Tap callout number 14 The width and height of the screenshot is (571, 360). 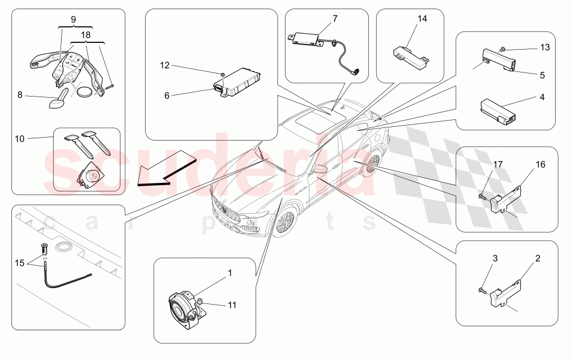click(422, 19)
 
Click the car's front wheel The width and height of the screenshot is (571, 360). click(284, 223)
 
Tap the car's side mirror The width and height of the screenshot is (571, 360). click(321, 169)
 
